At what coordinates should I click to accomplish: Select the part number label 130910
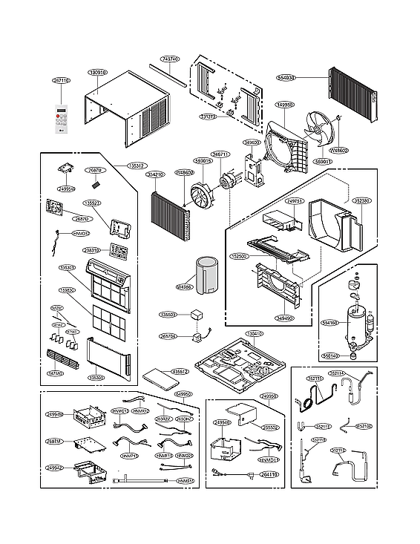pyautogui.click(x=97, y=73)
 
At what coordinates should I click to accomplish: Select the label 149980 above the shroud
pyautogui.click(x=285, y=105)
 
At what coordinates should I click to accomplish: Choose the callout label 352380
pyautogui.click(x=361, y=200)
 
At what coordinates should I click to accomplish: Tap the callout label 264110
pyautogui.click(x=268, y=474)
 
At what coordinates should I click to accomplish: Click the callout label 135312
pyautogui.click(x=136, y=166)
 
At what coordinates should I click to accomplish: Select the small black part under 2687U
pyautogui.click(x=96, y=181)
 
